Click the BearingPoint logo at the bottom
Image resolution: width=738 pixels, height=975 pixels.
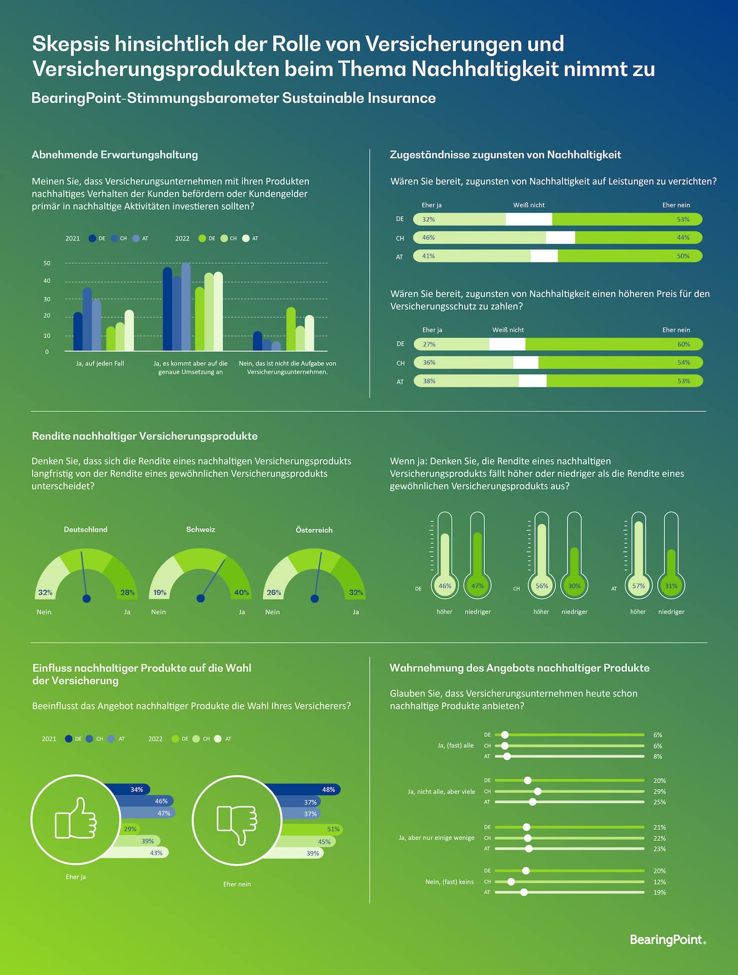667,939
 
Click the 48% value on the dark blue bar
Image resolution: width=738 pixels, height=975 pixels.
328,790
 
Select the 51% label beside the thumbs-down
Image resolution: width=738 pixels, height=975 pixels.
333,829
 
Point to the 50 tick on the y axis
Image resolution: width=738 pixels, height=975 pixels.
47,263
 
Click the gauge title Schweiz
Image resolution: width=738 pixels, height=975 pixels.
200,529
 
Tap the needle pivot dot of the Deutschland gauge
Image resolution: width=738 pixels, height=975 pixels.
86,599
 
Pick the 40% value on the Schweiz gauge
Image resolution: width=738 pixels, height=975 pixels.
241,593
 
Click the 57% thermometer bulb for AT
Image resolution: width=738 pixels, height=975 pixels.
638,586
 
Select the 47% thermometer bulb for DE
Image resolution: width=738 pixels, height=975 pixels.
477,586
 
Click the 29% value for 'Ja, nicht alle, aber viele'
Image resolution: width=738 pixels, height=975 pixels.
659,791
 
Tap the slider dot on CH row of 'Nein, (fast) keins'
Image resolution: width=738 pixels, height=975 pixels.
511,882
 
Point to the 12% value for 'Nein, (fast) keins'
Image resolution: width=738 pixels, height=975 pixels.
659,882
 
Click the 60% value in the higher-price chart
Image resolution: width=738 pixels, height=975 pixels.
684,344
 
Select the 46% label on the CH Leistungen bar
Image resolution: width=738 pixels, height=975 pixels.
428,238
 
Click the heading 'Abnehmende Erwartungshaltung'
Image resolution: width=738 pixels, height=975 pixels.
115,155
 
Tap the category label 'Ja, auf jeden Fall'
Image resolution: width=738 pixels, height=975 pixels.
100,364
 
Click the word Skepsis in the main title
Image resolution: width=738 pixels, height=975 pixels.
71,44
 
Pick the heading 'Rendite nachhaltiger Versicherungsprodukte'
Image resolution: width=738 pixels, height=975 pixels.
145,436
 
